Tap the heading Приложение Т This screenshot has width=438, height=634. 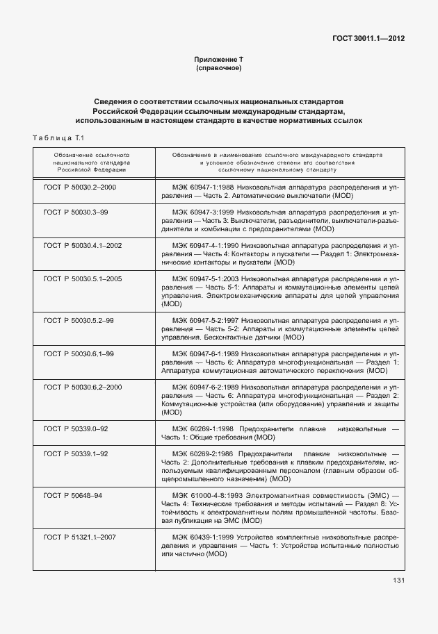tap(218, 61)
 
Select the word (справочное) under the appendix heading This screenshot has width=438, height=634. tap(218, 69)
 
